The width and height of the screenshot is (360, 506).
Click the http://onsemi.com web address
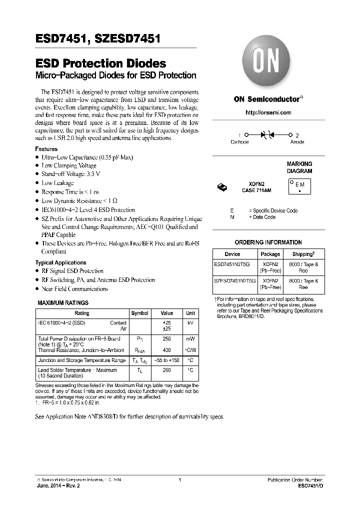tap(268, 112)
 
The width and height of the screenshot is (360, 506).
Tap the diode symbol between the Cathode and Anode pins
tap(268, 135)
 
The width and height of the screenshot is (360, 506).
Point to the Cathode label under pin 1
tap(239, 142)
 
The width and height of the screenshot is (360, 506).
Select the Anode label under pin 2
tap(297, 142)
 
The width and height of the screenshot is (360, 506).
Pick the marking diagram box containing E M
tap(300, 186)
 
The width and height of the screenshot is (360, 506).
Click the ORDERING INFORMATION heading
tap(268, 242)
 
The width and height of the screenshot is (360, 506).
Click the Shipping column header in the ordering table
tap(303, 254)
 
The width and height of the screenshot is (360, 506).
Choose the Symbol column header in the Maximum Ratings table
tap(139, 313)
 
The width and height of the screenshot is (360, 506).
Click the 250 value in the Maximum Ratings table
tap(166, 338)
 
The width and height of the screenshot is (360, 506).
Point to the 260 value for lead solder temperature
tap(166, 370)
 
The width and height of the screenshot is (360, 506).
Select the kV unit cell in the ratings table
tap(190, 323)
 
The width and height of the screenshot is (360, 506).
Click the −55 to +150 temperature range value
tap(166, 360)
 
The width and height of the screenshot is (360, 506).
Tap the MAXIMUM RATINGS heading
tap(63, 302)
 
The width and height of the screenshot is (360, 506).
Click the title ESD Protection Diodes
tap(100, 64)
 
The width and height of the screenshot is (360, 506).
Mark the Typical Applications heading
tap(60, 262)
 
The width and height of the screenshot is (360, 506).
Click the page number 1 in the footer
tap(179, 480)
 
